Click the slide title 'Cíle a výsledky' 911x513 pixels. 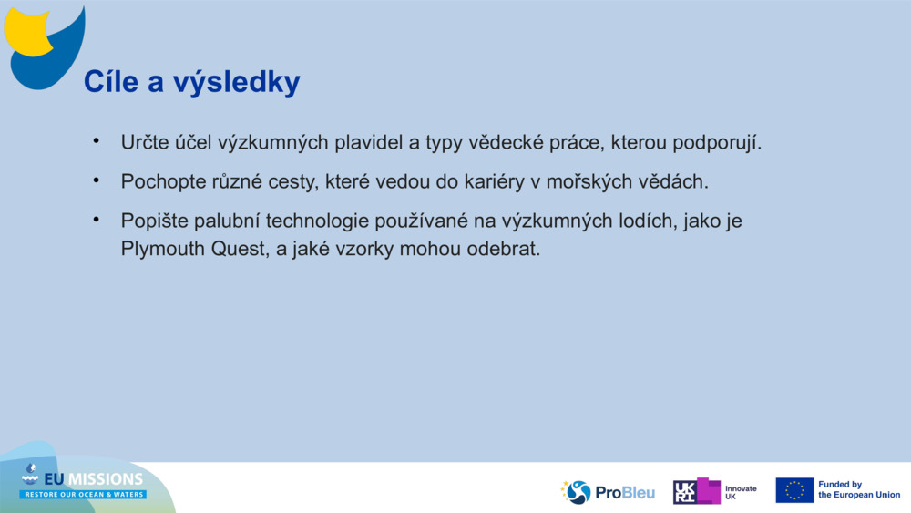tap(192, 82)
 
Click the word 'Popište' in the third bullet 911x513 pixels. tap(154, 221)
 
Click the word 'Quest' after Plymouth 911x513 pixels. tap(237, 249)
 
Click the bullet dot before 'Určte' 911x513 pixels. tap(94, 141)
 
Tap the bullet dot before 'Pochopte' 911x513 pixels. tap(94, 180)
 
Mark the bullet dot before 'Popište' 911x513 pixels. tap(94, 219)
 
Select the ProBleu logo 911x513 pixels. tap(608, 492)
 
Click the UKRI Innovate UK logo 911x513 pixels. tap(714, 492)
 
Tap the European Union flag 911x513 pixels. tap(793, 490)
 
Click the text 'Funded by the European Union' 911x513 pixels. tap(858, 490)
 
